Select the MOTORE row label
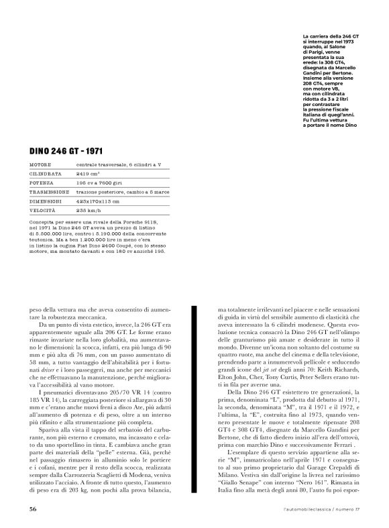[x=42, y=164]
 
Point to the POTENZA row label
[x=43, y=182]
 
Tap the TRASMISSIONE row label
[x=50, y=191]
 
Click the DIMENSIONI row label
[x=46, y=201]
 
